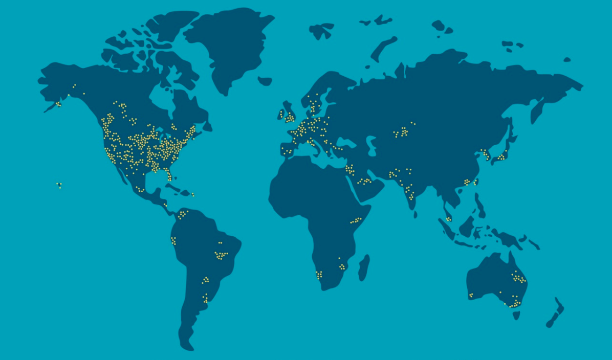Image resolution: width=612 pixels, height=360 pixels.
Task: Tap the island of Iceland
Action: pyautogui.click(x=265, y=81)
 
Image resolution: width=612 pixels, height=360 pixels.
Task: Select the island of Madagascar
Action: pyautogui.click(x=363, y=267)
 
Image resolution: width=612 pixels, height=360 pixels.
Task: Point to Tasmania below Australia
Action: pyautogui.click(x=516, y=315)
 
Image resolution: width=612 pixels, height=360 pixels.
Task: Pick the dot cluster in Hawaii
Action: pyautogui.click(x=59, y=185)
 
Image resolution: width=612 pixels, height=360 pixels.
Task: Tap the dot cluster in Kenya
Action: pyautogui.click(x=356, y=221)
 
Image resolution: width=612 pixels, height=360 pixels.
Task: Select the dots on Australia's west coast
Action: pyautogui.click(x=471, y=295)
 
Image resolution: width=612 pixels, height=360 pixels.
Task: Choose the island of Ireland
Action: pyautogui.click(x=281, y=115)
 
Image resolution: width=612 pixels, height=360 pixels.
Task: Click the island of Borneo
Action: pyautogui.click(x=467, y=227)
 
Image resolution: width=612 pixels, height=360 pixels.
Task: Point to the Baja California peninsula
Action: pyautogui.click(x=121, y=174)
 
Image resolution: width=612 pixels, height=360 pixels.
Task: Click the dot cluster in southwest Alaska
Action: pyautogui.click(x=58, y=104)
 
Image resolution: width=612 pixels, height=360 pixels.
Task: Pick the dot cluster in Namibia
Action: pyautogui.click(x=319, y=275)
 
